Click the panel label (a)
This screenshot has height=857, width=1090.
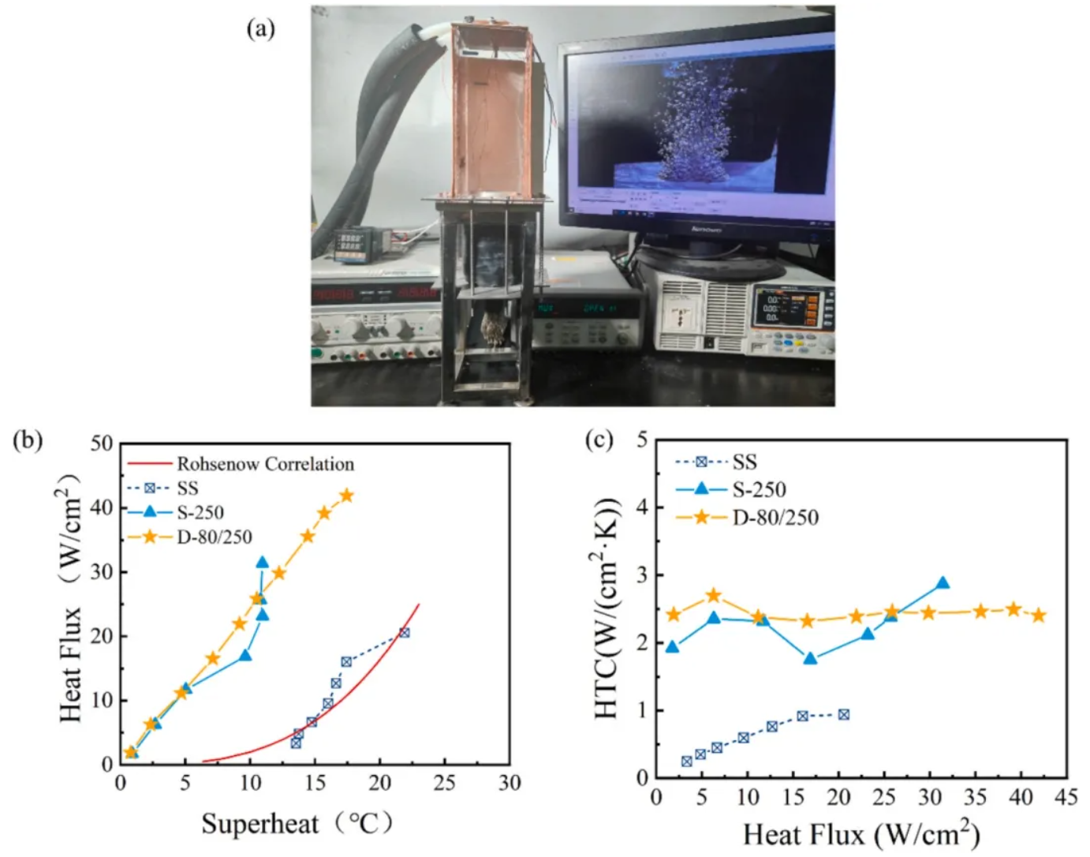click(x=261, y=29)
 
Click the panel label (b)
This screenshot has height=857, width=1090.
click(x=28, y=440)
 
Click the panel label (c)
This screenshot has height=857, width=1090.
click(x=599, y=439)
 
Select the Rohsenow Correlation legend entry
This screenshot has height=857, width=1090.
click(x=265, y=464)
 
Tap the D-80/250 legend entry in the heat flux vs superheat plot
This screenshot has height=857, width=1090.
click(x=214, y=537)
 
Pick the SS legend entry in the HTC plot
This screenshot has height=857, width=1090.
click(x=744, y=462)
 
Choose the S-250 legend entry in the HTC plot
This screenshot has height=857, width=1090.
click(x=759, y=490)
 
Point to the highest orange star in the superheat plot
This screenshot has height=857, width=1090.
click(x=346, y=496)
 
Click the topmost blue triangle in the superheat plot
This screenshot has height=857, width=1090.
click(x=262, y=563)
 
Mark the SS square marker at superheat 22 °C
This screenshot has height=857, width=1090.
click(x=404, y=633)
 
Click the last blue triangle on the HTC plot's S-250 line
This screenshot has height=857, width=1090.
click(x=942, y=583)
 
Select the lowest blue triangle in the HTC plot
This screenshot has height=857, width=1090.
click(x=810, y=657)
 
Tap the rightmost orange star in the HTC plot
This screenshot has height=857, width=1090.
click(x=1039, y=615)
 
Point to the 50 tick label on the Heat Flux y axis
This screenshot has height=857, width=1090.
click(x=102, y=443)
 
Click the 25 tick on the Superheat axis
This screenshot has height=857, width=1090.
click(x=444, y=783)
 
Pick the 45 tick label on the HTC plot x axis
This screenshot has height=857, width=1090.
click(x=1066, y=797)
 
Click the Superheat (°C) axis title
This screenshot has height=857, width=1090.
click(x=296, y=824)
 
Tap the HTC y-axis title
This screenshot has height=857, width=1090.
click(x=607, y=608)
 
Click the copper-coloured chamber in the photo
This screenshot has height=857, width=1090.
click(x=491, y=110)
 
